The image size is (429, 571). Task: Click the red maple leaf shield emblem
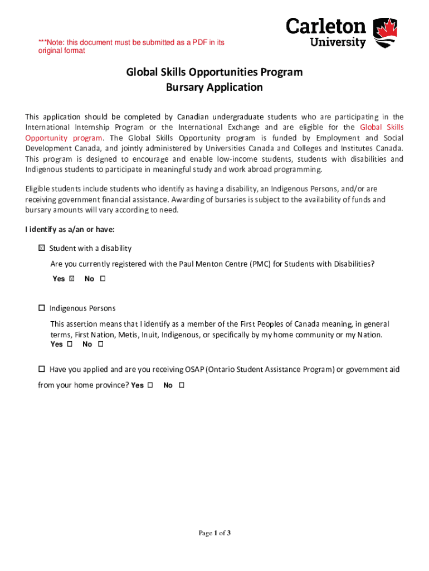click(x=385, y=33)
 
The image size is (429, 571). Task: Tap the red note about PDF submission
click(x=131, y=46)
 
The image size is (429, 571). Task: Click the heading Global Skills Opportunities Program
click(x=214, y=72)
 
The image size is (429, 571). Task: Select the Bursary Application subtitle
click(x=214, y=88)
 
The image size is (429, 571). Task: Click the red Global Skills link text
click(x=382, y=127)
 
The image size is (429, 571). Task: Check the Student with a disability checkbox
click(x=41, y=248)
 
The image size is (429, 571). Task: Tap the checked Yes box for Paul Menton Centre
click(x=71, y=279)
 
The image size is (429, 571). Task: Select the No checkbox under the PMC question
click(x=103, y=279)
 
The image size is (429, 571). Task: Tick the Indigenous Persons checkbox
click(x=41, y=308)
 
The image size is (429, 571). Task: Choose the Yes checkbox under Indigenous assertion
click(x=70, y=345)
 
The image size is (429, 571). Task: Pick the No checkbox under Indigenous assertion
click(x=101, y=345)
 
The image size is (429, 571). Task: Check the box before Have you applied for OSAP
click(x=41, y=369)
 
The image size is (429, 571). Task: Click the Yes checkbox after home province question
click(x=150, y=385)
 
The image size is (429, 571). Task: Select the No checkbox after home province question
click(x=182, y=385)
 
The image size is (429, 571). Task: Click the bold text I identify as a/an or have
click(x=70, y=230)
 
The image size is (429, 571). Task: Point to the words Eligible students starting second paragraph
click(x=52, y=190)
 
